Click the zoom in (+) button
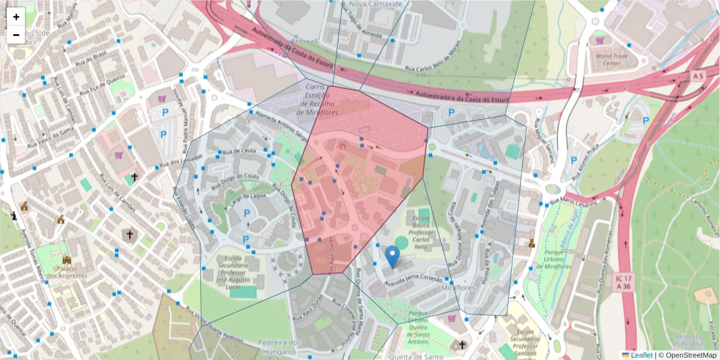tap(16, 17)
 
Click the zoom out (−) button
tap(16, 35)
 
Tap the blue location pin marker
tap(392, 257)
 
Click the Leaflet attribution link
tap(641, 355)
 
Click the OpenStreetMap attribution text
tap(687, 355)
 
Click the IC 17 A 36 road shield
tap(625, 283)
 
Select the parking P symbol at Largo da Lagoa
tap(246, 213)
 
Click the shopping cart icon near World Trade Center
tap(599, 40)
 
